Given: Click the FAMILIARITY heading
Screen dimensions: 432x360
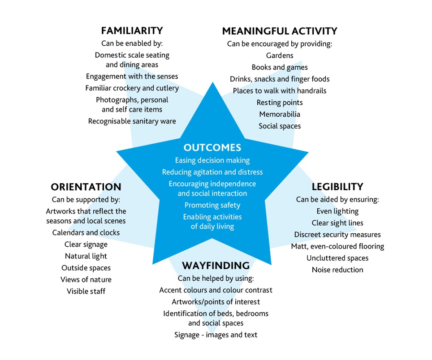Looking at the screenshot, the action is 132,30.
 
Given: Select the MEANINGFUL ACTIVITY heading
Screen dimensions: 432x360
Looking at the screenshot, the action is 280,31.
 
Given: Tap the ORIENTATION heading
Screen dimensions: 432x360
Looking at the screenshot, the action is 86,187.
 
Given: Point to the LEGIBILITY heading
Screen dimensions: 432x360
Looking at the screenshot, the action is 337,187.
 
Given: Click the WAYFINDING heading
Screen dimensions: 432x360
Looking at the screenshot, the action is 216,266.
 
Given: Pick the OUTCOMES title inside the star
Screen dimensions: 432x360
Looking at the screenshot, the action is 212,147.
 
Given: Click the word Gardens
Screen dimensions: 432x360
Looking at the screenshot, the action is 280,56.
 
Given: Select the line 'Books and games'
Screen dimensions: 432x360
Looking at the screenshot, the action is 280,68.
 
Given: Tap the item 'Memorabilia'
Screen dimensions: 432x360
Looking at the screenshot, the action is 280,114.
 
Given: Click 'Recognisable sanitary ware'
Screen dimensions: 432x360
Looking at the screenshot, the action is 132,121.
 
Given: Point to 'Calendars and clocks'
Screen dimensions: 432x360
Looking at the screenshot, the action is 86,232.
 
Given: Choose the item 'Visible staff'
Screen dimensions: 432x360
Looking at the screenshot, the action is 86,291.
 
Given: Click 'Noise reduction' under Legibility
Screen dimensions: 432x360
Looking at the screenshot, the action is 337,270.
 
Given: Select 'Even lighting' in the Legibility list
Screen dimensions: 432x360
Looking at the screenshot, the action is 337,211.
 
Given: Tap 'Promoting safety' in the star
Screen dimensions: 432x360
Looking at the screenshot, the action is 212,206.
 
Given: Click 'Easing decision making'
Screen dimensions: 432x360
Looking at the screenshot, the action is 212,160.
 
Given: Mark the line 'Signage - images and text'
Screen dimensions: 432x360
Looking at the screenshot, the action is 216,335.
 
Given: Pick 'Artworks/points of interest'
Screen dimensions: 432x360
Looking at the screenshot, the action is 216,302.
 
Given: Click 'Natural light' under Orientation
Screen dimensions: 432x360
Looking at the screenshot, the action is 86,256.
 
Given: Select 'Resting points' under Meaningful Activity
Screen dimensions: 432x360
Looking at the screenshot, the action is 280,103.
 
